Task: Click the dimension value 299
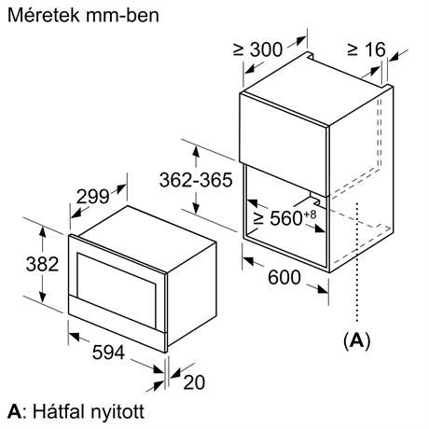[x=92, y=196]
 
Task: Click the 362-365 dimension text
[x=195, y=181]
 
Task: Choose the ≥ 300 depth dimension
[x=257, y=48]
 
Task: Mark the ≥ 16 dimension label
[x=366, y=48]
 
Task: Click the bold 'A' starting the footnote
[x=12, y=410]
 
